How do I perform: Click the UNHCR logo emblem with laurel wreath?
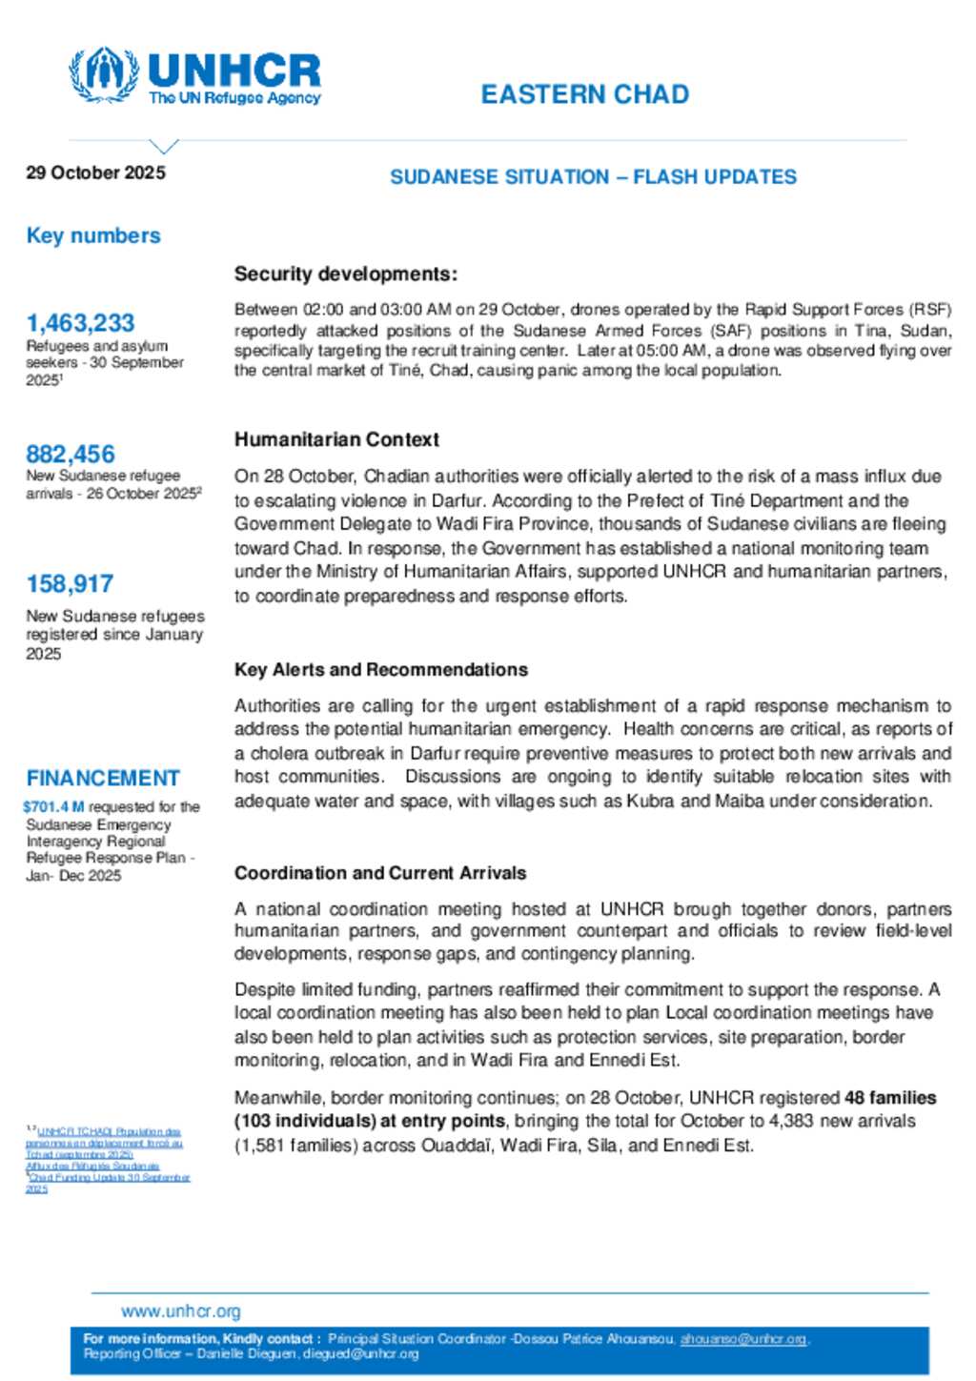point(103,74)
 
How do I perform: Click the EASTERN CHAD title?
point(584,94)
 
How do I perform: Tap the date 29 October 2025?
point(95,173)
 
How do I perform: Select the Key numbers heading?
point(93,235)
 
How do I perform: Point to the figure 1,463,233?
point(80,323)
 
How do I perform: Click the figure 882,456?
point(71,454)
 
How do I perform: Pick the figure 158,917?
point(70,583)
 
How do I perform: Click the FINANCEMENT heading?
point(103,778)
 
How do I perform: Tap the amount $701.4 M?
point(53,807)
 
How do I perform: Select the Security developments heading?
point(345,274)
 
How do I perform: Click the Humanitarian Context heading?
point(336,439)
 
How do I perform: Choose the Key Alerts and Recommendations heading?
point(380,670)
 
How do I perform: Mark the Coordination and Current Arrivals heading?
point(379,873)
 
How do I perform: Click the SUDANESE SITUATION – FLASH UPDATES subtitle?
point(593,177)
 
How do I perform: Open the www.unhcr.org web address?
point(180,1311)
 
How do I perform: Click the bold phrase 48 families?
point(890,1098)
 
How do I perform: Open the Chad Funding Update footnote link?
point(109,1178)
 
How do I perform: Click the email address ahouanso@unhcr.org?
point(742,1339)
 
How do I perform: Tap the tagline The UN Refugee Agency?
point(234,98)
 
